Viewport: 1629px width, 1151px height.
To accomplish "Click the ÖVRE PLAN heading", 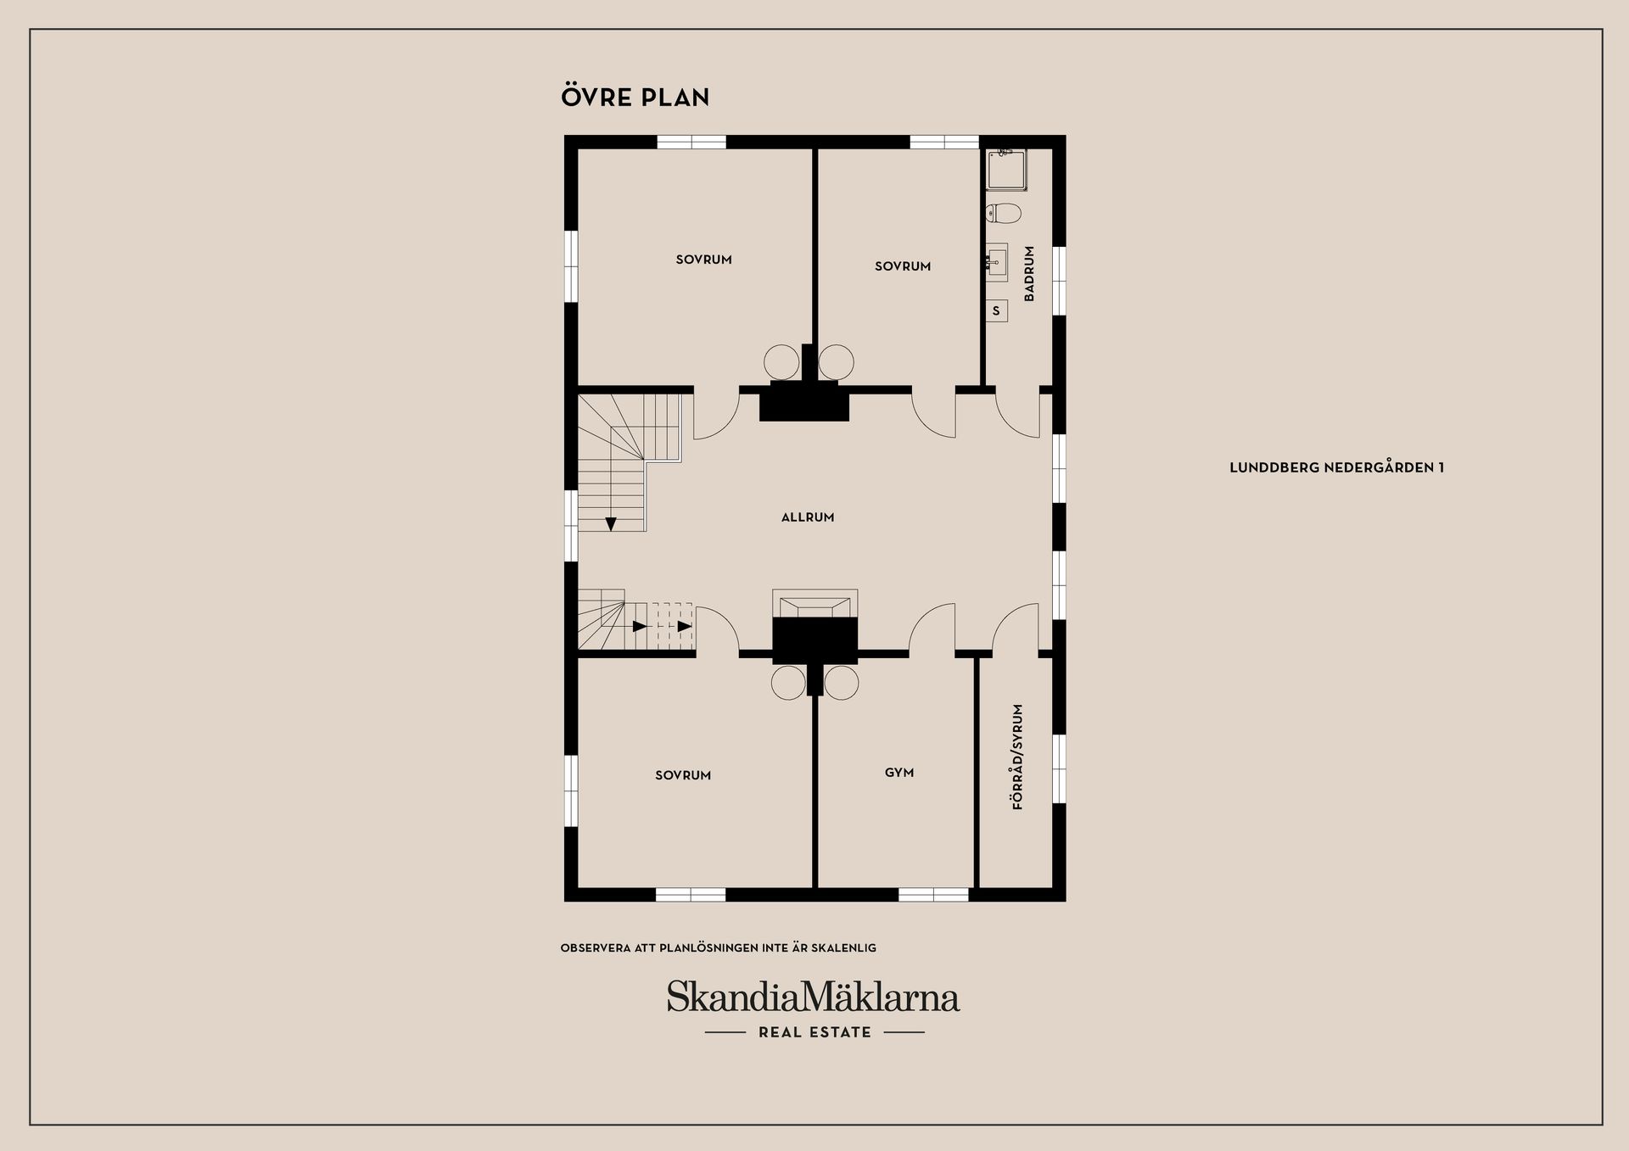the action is coord(635,97).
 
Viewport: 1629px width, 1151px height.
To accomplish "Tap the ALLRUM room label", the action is coord(808,517).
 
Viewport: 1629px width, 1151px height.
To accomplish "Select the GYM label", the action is coord(899,773).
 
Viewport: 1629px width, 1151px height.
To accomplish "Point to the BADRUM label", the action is coord(1029,274).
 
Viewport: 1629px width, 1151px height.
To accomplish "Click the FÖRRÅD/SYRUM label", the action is coord(1018,757).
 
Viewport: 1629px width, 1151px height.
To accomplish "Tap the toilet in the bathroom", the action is coord(1003,212).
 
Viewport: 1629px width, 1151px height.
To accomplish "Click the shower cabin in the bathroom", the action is coord(1007,170).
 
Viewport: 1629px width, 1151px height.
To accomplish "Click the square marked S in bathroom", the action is coord(996,311).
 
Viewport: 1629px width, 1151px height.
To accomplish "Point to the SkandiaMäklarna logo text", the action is coord(813,997).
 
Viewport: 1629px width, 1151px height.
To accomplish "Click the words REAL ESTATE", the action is coord(814,1032).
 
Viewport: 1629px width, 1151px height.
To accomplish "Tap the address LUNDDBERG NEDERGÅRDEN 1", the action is coord(1336,467).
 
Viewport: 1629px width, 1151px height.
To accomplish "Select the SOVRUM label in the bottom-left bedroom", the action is coord(683,775).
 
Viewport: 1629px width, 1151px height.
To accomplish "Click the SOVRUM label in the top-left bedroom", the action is coord(703,260).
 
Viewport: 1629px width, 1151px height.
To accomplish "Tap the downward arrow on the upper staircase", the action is coord(611,524).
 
